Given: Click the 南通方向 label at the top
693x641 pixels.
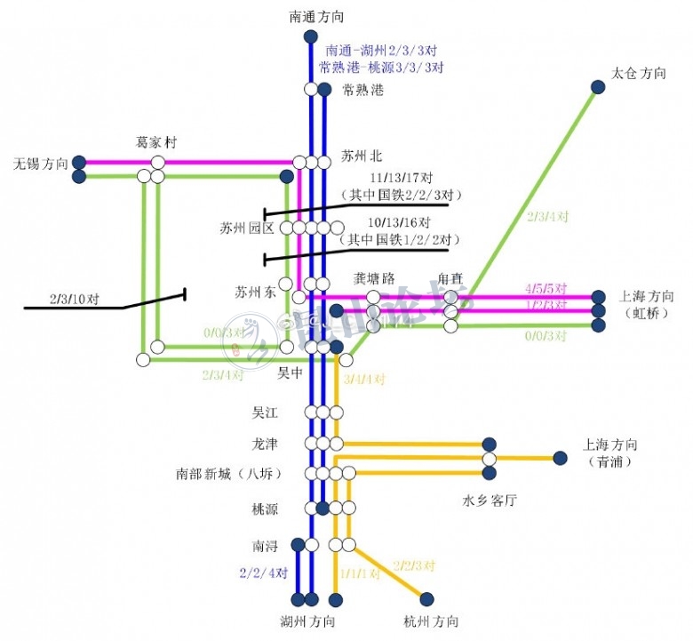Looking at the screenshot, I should [x=315, y=16].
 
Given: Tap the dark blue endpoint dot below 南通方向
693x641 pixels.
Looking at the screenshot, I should [x=310, y=36].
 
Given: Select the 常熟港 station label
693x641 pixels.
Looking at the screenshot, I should [x=363, y=90].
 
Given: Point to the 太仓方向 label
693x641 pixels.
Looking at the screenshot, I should [x=639, y=73].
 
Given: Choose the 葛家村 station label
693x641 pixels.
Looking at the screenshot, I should [x=157, y=142].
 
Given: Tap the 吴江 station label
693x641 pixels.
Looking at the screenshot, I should [x=267, y=413].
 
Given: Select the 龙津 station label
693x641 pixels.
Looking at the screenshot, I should [x=266, y=443].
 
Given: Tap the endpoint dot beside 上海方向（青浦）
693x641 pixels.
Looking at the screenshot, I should [x=560, y=459].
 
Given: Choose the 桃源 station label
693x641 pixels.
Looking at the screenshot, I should [x=266, y=509].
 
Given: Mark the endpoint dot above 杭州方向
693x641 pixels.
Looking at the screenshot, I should [x=426, y=598].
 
